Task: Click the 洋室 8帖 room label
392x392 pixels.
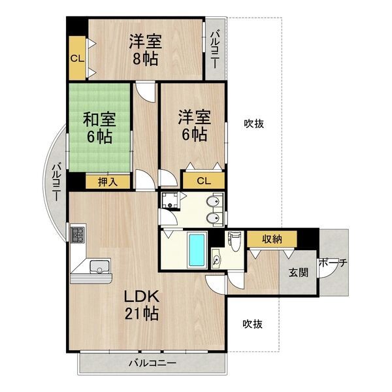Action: pos(145,50)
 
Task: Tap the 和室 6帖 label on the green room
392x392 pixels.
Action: pos(99,129)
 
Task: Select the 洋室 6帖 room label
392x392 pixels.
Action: pos(195,126)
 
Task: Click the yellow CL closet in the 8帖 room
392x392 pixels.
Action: pos(77,57)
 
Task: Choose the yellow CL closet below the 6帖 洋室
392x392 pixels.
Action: pos(203,181)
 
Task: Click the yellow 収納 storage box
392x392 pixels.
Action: pos(272,238)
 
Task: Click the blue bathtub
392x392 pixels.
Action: pos(197,249)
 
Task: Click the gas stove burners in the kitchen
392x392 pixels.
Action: pos(77,234)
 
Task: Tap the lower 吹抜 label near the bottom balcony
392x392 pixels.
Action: pos(254,323)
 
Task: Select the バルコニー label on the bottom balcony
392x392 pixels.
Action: pos(152,362)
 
